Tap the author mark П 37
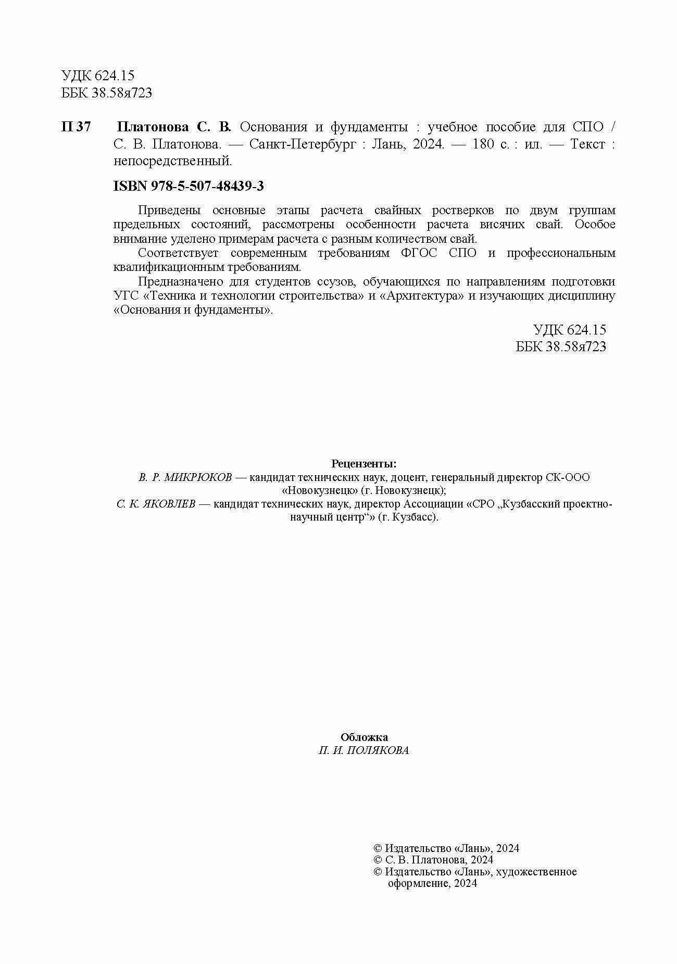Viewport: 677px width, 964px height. click(76, 127)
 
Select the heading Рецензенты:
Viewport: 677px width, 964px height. click(364, 464)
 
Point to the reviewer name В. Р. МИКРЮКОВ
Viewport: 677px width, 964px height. click(185, 477)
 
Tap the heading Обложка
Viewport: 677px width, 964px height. click(364, 737)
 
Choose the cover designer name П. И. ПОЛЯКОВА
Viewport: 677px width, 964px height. click(364, 751)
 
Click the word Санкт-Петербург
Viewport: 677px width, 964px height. click(304, 144)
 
